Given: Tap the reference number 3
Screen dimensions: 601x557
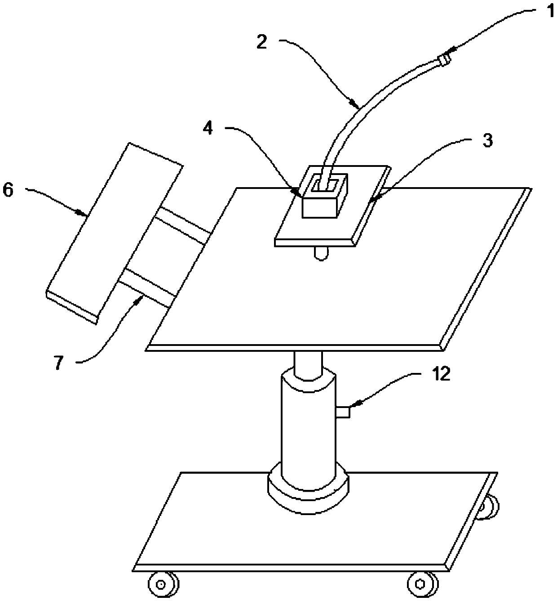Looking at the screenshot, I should click(487, 141).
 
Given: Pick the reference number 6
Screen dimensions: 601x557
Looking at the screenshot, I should click(9, 190).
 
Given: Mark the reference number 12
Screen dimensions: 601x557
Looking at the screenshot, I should click(441, 374).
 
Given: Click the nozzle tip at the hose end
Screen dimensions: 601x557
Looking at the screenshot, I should click(443, 59).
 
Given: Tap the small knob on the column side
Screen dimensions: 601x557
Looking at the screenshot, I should click(344, 412).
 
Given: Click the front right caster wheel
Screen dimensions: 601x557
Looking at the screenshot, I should click(422, 583).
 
